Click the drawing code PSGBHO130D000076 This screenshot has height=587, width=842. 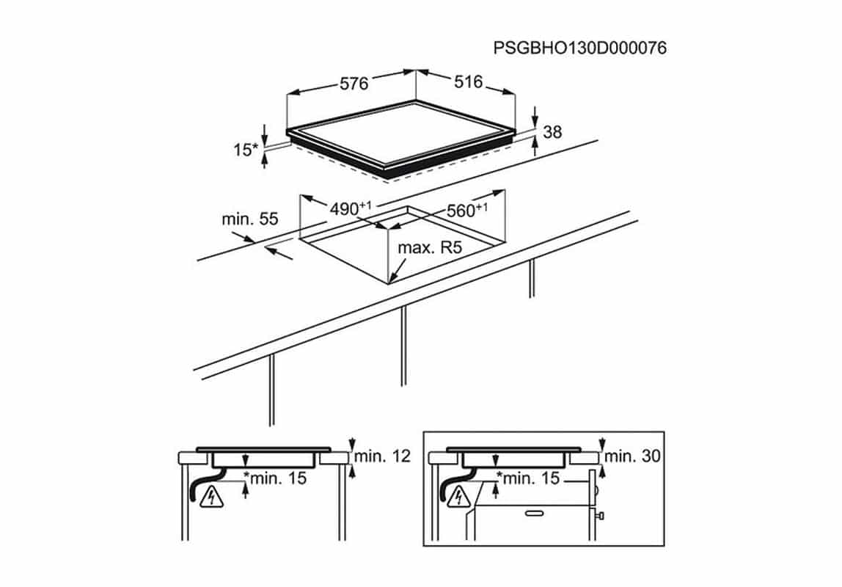click(580, 48)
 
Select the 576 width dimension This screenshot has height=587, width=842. click(354, 83)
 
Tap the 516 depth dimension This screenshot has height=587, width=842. click(468, 81)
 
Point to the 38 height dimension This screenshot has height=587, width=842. click(552, 131)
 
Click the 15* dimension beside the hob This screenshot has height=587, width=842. click(246, 150)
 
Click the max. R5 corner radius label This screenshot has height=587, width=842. click(430, 247)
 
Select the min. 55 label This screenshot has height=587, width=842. click(250, 219)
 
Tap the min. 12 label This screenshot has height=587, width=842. click(382, 456)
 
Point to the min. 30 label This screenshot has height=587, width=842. click(632, 456)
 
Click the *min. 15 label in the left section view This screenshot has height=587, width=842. click(275, 478)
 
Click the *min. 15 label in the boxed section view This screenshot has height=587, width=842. click(528, 478)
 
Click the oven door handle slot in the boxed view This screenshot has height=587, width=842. click(534, 514)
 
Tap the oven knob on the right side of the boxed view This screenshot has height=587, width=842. click(601, 516)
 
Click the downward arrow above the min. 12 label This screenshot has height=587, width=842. click(352, 444)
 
